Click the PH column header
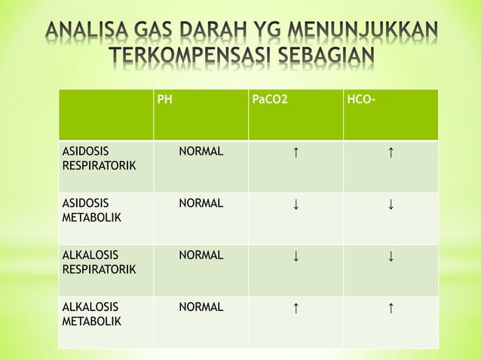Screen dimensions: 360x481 coord(164,99)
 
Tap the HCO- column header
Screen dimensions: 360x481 coord(358,99)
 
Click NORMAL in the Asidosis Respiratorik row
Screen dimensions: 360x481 coord(201,151)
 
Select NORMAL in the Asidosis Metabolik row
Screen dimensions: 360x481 coord(201,203)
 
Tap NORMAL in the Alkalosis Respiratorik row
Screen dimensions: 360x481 coord(201,255)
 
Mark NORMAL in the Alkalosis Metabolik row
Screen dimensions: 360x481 coord(201,307)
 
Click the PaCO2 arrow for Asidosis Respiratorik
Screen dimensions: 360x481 coord(296,153)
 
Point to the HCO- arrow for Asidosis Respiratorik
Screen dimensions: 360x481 coord(391,153)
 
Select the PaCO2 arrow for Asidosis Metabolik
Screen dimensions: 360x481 coord(296,204)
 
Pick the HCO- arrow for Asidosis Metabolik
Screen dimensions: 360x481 coord(391,204)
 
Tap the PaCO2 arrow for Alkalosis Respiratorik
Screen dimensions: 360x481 coord(296,256)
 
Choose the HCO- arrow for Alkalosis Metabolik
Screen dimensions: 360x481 coord(391,308)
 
